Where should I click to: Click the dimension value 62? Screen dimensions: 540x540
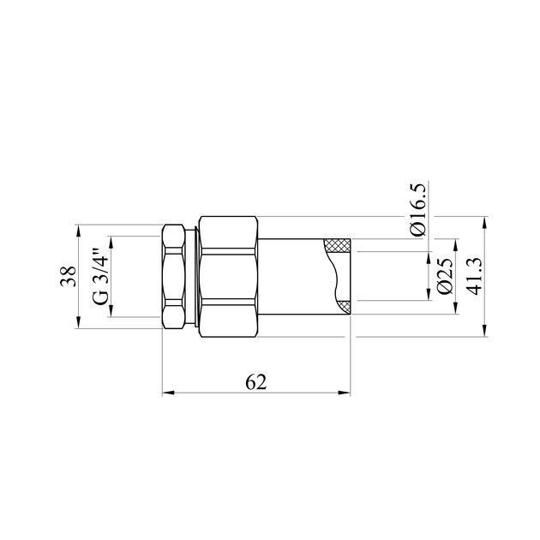click(x=255, y=382)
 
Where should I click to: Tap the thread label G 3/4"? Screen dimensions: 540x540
click(x=101, y=276)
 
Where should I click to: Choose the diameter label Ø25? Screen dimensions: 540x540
click(x=444, y=276)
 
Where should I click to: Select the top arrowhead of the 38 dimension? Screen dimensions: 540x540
click(x=78, y=230)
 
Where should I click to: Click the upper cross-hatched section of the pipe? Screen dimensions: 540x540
click(x=339, y=244)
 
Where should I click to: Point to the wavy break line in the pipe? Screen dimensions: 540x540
click(x=335, y=275)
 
